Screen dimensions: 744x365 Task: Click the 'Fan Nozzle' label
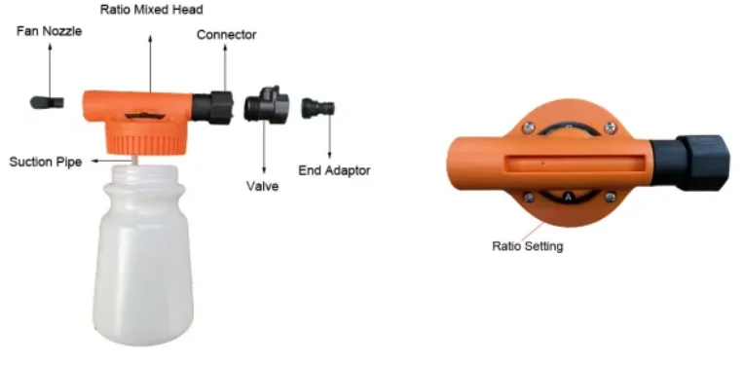[50, 32]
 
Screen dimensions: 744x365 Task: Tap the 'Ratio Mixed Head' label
[151, 9]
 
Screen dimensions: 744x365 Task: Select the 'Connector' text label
[226, 35]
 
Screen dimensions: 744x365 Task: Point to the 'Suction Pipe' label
[46, 161]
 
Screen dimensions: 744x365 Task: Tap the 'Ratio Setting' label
[527, 246]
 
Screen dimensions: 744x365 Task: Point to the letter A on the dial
[567, 197]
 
